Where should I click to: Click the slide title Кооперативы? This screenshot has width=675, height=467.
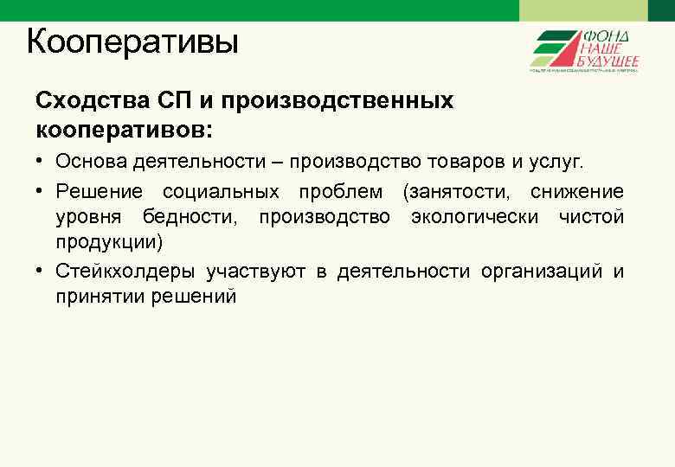click(x=132, y=41)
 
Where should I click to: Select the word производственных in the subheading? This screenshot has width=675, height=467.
click(x=337, y=100)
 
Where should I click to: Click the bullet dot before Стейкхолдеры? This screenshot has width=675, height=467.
click(x=42, y=272)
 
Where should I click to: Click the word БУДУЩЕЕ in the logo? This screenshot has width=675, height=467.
click(x=609, y=61)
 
